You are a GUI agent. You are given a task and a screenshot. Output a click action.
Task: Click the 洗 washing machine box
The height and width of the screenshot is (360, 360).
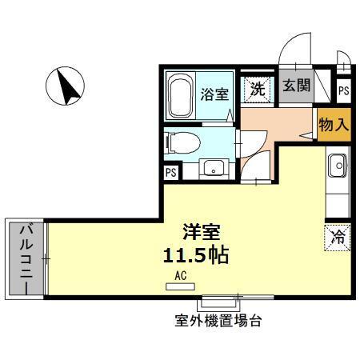(257, 89)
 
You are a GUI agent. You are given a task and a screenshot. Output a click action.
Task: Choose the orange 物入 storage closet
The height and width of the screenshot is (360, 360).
(334, 125)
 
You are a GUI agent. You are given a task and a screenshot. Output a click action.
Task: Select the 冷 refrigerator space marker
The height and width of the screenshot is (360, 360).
(337, 236)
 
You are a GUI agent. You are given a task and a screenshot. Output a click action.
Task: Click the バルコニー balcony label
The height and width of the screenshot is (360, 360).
(25, 258)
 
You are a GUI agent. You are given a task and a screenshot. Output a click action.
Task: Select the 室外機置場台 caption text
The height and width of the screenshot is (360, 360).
(218, 322)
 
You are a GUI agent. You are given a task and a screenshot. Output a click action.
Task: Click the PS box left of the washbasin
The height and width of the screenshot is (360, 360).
(170, 172)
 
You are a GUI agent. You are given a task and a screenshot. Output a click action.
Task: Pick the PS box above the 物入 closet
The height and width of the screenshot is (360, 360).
(343, 91)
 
